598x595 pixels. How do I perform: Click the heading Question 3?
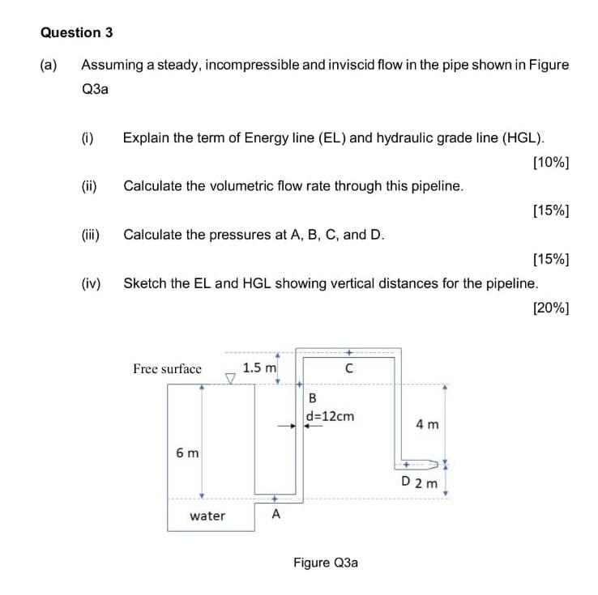tap(76, 33)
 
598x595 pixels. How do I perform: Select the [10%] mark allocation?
tap(551, 162)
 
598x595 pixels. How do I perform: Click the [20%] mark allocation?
tap(551, 308)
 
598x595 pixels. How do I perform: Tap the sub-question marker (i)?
tap(88, 138)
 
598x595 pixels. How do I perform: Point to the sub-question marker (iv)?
tap(91, 283)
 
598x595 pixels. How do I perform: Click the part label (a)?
tap(49, 65)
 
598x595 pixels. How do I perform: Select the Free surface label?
tap(167, 369)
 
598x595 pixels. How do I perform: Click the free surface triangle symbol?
tap(231, 378)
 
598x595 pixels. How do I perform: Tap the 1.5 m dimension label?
tap(259, 368)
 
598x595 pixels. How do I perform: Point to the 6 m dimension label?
tap(186, 453)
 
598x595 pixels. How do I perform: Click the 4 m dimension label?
tap(427, 424)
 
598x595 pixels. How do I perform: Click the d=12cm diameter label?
tap(330, 417)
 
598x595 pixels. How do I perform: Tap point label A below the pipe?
tap(276, 515)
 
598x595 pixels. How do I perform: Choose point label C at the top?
tap(348, 368)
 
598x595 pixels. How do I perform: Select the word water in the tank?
tap(207, 516)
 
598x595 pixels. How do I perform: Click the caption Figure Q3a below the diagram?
tap(325, 563)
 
